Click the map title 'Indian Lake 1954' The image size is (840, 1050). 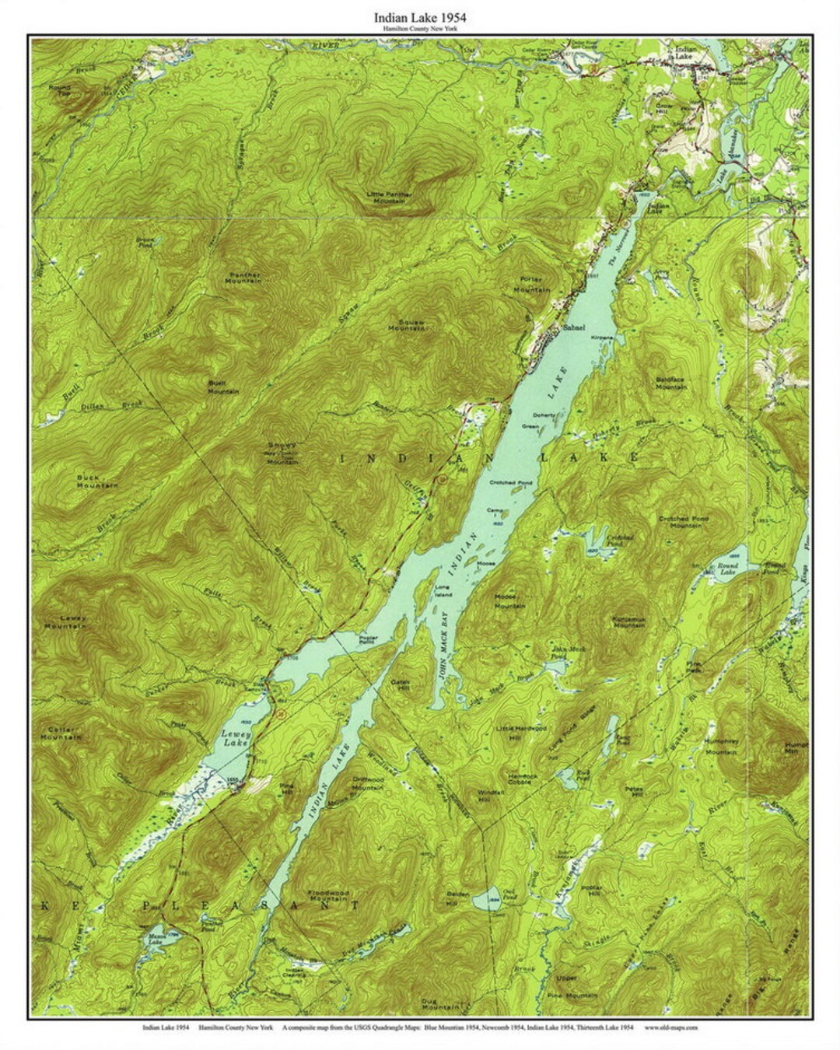(420, 16)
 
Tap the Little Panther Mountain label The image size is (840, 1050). (390, 197)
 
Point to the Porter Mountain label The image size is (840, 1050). (532, 284)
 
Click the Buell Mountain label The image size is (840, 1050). (222, 387)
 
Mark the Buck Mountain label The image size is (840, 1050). (97, 481)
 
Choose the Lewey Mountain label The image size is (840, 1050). (65, 622)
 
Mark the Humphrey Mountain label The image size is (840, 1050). (720, 747)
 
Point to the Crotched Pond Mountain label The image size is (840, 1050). (681, 522)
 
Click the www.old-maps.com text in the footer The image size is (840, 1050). (670, 1027)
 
